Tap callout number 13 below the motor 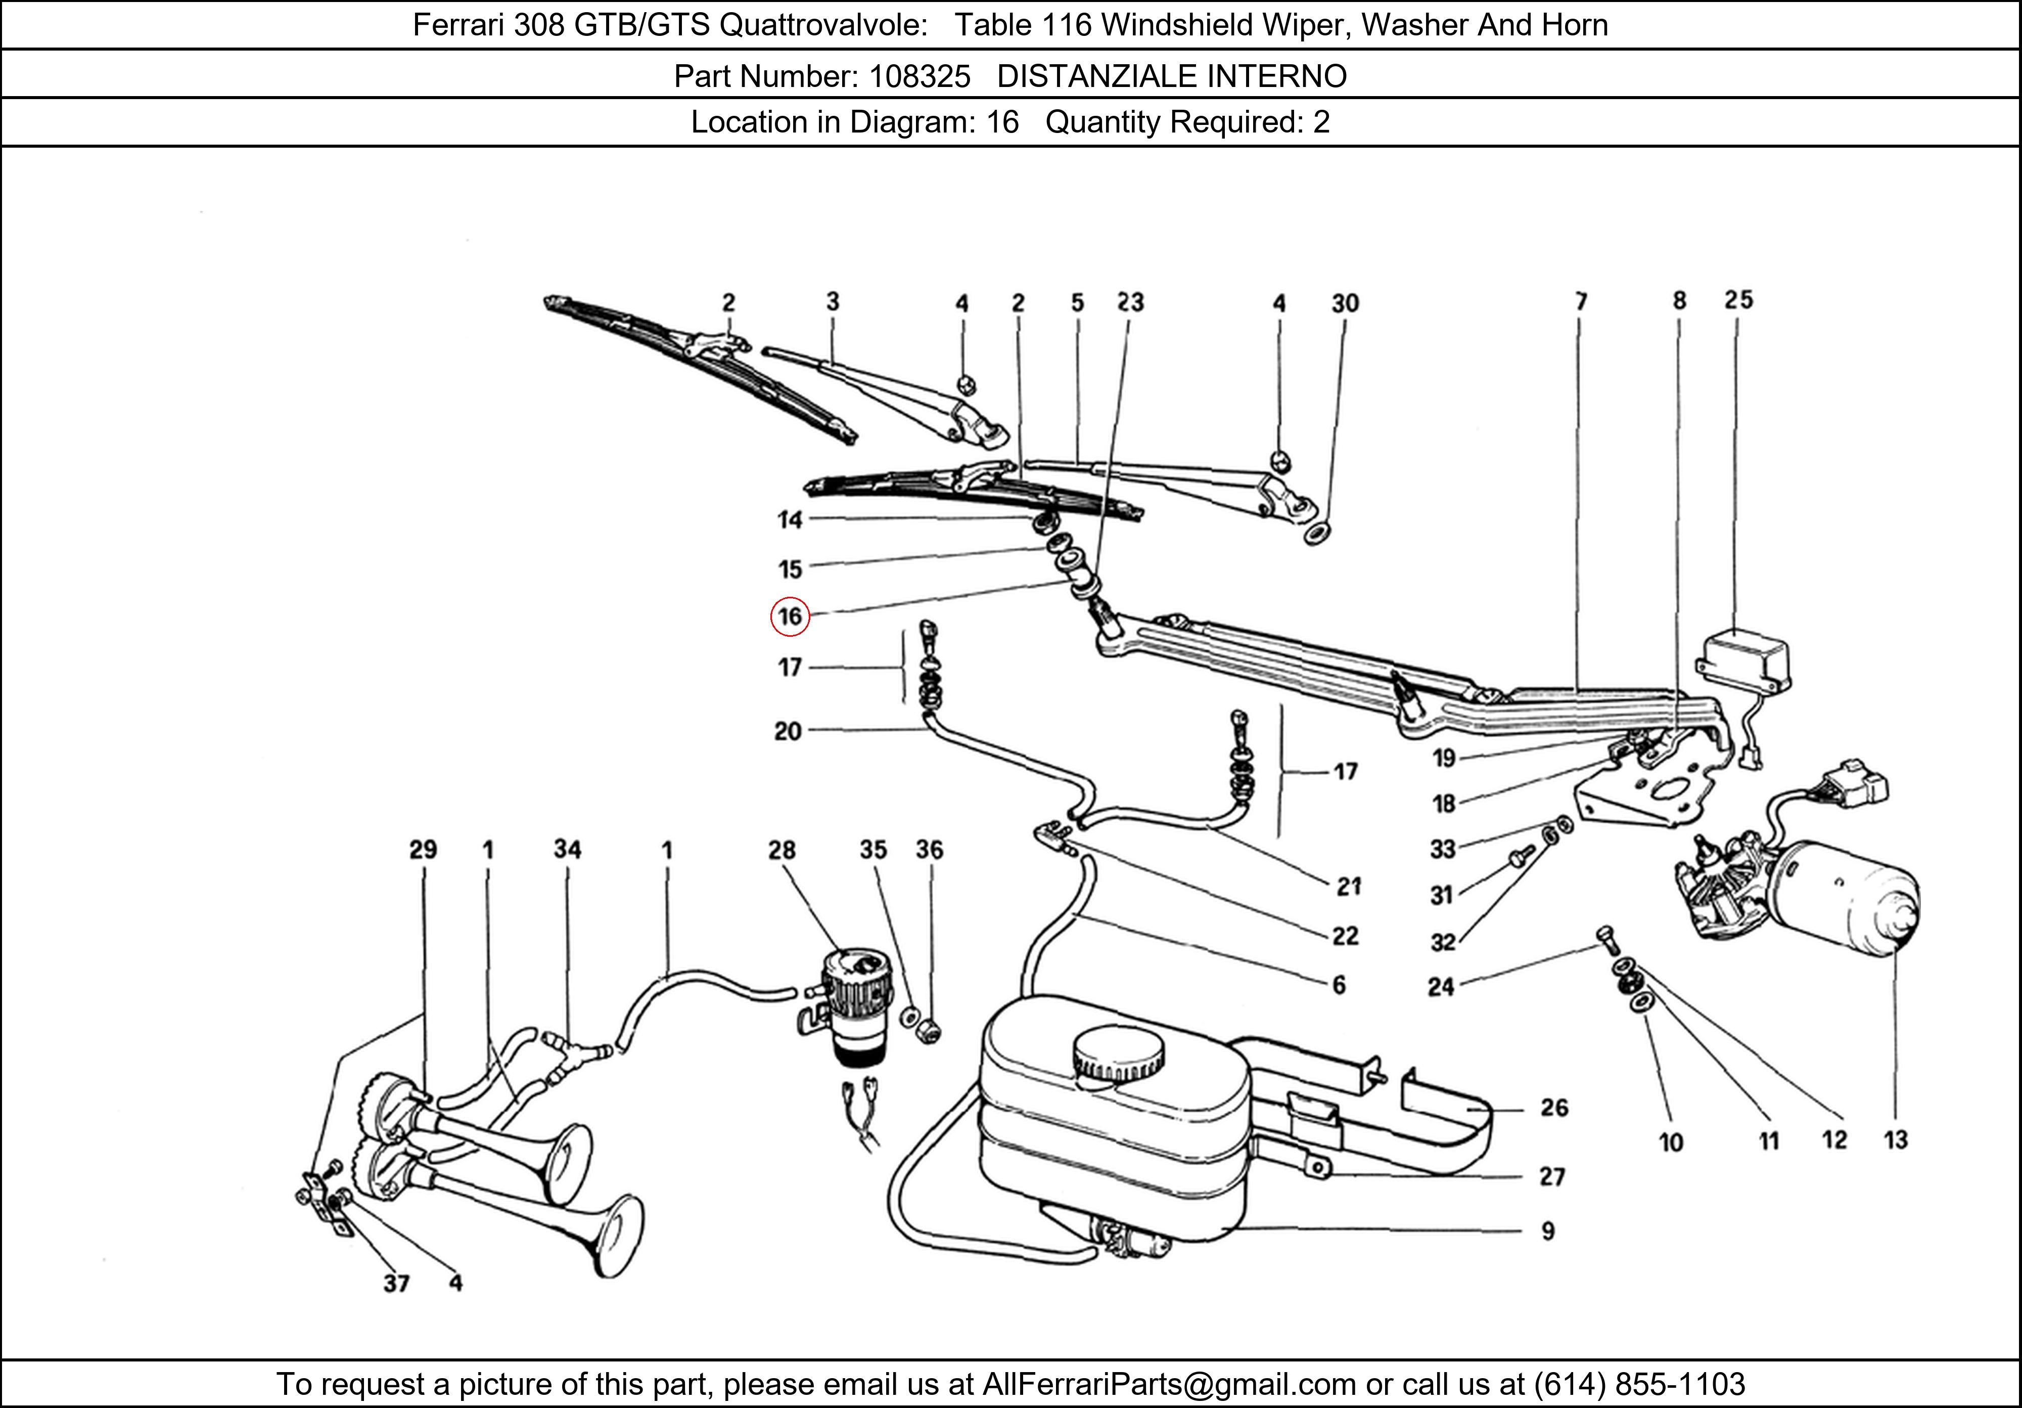[1895, 1140]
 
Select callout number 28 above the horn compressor [781, 850]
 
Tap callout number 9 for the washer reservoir [1547, 1231]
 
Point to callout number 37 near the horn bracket [396, 1283]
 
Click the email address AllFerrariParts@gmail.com [1169, 1384]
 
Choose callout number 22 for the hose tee [1345, 936]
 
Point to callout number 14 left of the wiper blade [790, 520]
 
